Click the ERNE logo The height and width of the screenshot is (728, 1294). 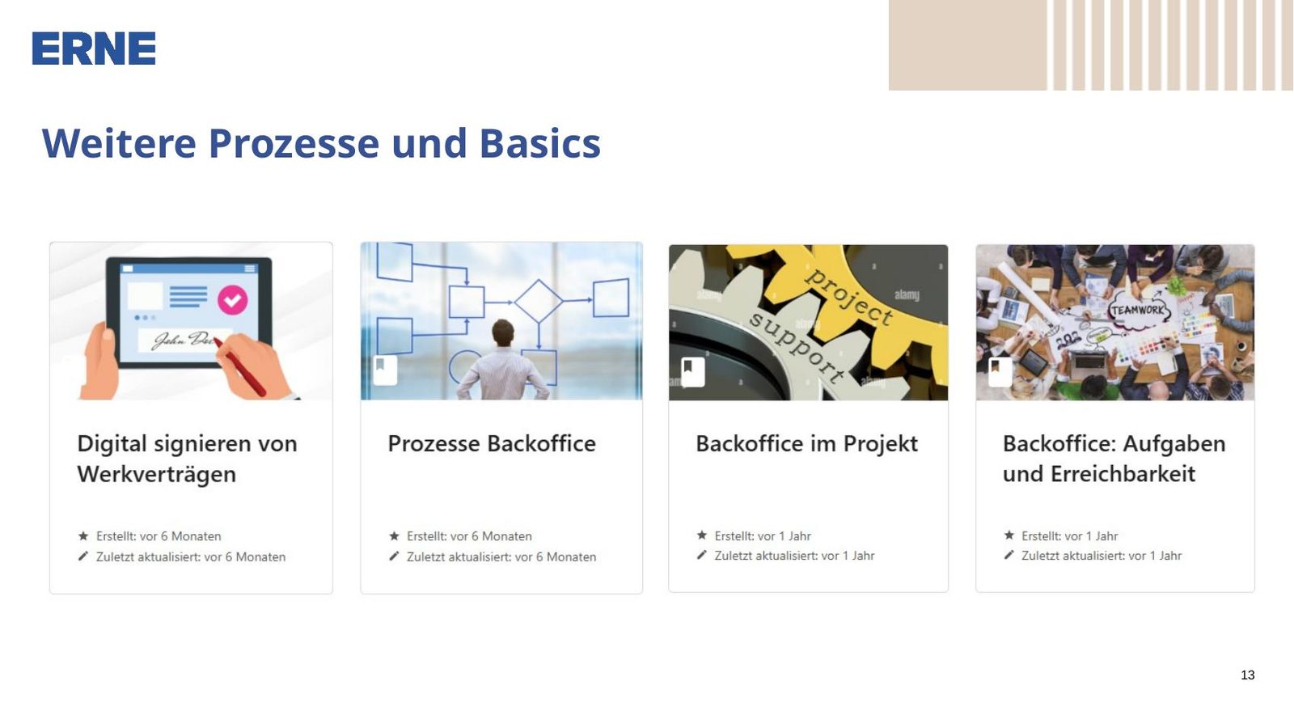click(94, 48)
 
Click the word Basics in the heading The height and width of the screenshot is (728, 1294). click(540, 142)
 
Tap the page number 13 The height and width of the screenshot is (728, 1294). click(1247, 675)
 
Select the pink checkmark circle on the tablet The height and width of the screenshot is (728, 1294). click(233, 300)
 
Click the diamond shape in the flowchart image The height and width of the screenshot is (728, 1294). click(539, 301)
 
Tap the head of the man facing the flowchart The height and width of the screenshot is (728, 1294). click(503, 333)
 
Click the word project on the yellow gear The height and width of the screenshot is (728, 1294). click(848, 296)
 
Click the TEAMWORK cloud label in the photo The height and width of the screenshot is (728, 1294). click(1139, 311)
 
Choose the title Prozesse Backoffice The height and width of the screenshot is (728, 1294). click(492, 444)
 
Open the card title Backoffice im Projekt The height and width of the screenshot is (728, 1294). click(806, 444)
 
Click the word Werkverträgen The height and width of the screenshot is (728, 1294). click(157, 474)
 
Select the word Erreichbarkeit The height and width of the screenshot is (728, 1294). click(1123, 474)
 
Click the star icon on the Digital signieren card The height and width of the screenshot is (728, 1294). click(83, 535)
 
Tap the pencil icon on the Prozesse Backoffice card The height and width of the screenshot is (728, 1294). click(394, 556)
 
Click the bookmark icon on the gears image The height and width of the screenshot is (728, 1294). click(692, 371)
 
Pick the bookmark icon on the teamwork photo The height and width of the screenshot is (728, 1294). click(1000, 371)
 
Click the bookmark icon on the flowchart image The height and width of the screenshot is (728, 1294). click(385, 370)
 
